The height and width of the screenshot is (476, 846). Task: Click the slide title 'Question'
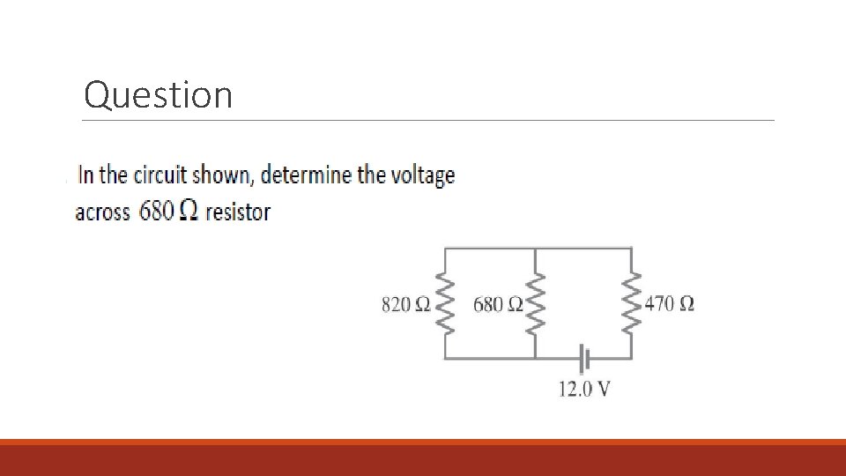[159, 94]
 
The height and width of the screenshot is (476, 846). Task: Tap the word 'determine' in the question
[307, 175]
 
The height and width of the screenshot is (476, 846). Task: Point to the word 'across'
[103, 212]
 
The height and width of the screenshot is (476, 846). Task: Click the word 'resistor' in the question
[238, 212]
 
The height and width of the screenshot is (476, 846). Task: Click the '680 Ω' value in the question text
[167, 212]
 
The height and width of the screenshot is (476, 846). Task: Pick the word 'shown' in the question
[224, 175]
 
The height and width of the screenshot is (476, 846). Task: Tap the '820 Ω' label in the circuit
[405, 305]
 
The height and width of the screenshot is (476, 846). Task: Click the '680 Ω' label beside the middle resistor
[498, 305]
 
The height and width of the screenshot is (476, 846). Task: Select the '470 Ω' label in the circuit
[670, 305]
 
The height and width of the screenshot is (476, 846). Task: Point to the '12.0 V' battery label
[584, 389]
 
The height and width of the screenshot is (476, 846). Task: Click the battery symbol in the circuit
[583, 359]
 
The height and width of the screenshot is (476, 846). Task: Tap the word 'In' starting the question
[85, 175]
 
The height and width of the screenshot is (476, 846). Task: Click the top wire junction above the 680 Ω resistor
[536, 249]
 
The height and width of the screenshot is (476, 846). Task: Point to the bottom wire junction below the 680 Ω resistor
[536, 359]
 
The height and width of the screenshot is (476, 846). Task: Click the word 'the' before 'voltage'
[371, 175]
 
